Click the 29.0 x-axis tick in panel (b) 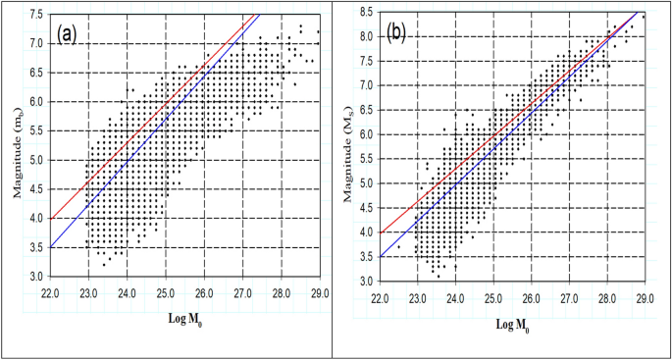pos(645,292)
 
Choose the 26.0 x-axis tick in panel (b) pos(531,292)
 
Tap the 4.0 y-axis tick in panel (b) pos(365,232)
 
